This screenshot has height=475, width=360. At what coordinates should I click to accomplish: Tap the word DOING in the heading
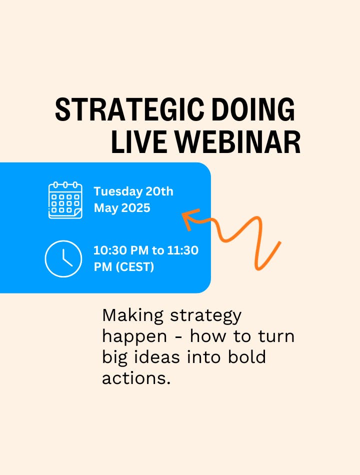pos(253,109)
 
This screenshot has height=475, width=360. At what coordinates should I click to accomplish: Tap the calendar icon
pos(65,200)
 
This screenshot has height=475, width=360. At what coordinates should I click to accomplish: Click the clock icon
pos(63,258)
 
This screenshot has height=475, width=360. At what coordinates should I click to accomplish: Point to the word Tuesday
pos(118,192)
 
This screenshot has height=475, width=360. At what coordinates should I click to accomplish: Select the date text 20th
pos(159,191)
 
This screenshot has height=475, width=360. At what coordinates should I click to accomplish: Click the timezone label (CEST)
pos(135,267)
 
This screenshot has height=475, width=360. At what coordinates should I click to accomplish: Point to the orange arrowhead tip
pos(182,214)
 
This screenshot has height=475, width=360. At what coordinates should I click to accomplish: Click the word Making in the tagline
pos(133,316)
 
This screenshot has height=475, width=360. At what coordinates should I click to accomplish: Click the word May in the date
pos(106,208)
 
